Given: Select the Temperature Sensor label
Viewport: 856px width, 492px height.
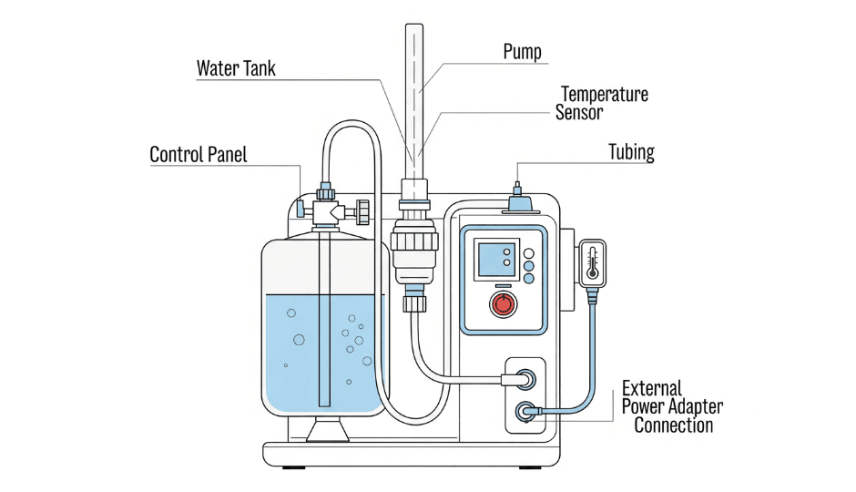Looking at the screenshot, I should (x=604, y=103).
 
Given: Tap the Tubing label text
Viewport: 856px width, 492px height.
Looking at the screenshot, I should (x=631, y=152).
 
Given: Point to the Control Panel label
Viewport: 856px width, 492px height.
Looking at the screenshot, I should (x=198, y=154).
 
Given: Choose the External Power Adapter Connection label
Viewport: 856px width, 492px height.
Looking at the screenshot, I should (x=672, y=406).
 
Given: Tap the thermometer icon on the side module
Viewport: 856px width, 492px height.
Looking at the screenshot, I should (x=593, y=261).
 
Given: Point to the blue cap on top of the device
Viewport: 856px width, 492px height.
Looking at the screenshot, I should (x=518, y=203).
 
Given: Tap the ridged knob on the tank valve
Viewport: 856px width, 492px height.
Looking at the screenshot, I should (x=363, y=211).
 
